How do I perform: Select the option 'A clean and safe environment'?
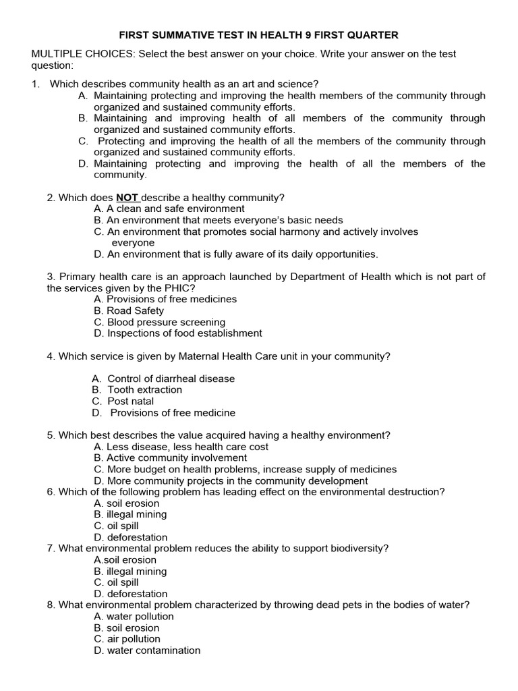(169, 209)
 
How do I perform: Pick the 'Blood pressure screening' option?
(160, 323)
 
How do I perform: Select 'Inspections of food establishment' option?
(178, 333)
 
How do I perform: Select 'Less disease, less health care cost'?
(181, 447)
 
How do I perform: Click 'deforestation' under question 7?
(131, 595)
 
